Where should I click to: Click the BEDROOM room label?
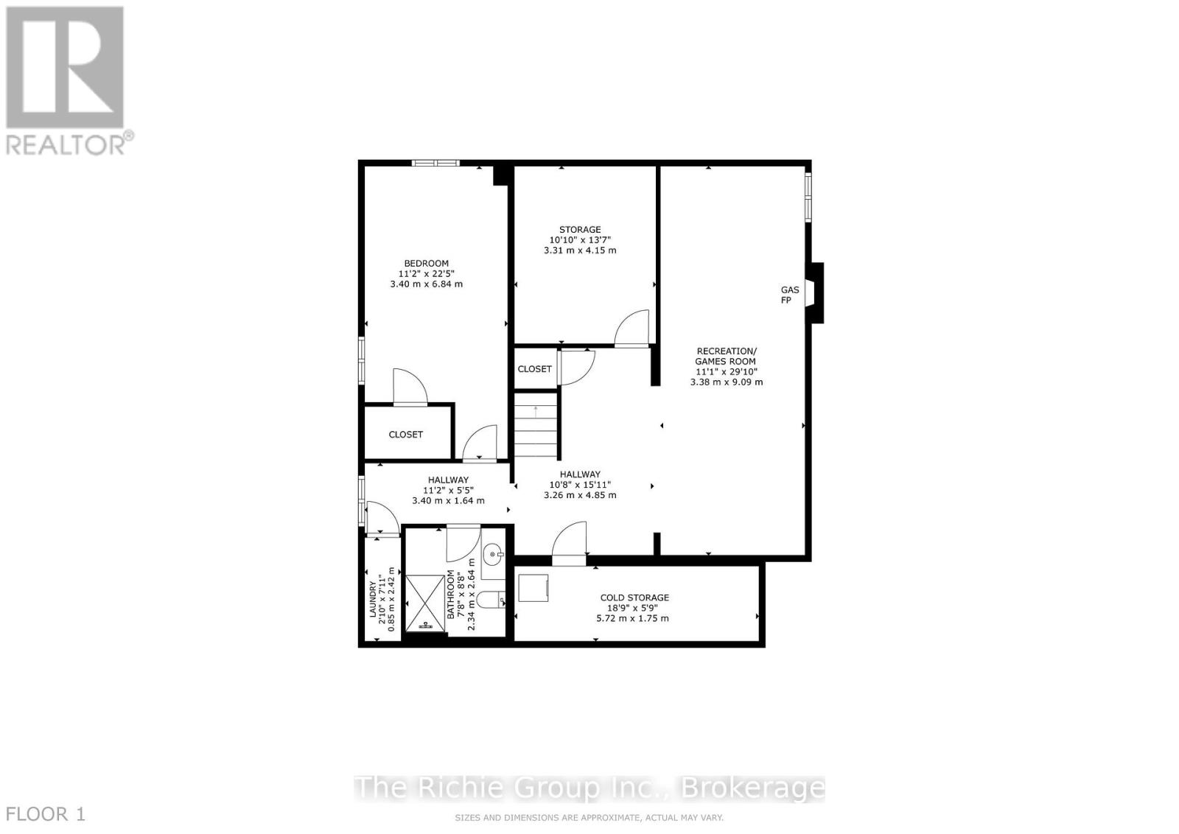point(426,264)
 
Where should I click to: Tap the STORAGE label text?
point(580,230)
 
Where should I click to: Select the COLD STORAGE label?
point(634,598)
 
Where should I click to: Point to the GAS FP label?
point(790,295)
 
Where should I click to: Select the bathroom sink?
point(494,552)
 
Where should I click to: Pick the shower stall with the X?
point(425,603)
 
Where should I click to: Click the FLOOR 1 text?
point(46,814)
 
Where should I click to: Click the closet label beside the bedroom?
point(406,435)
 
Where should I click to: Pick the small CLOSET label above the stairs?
point(534,369)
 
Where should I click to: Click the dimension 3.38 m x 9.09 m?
point(727,382)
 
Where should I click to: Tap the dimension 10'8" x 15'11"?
point(580,485)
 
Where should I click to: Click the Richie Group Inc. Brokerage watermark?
point(589,788)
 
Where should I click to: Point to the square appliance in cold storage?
point(533,588)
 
